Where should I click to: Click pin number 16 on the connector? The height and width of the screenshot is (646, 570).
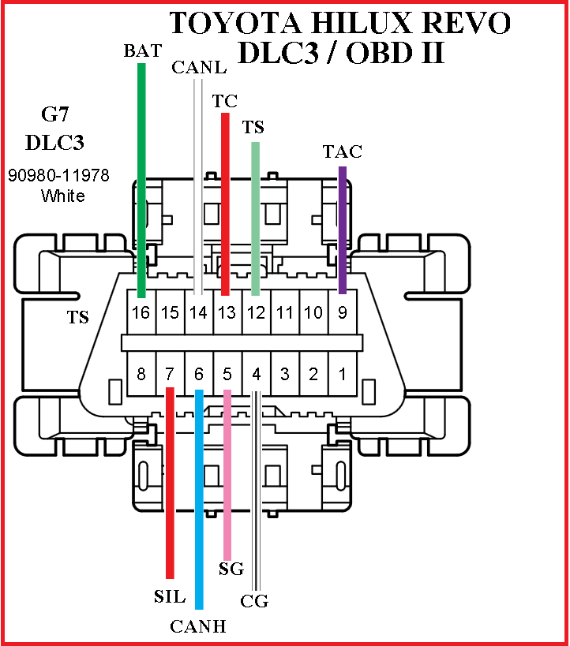tap(141, 312)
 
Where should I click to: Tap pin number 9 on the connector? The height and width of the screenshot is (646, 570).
tap(342, 312)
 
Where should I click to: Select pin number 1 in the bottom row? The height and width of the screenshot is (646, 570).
tap(342, 373)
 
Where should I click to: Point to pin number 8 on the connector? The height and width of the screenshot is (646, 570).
tap(141, 373)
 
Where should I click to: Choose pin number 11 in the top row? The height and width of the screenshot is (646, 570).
tap(284, 312)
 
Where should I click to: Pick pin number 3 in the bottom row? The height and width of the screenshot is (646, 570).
tap(284, 373)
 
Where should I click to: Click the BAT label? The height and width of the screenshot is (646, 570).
tap(143, 51)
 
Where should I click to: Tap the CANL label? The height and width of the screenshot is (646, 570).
tap(199, 67)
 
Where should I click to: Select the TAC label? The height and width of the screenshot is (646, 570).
tap(343, 151)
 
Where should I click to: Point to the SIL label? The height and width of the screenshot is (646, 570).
tap(169, 596)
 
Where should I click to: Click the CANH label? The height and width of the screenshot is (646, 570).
tap(198, 627)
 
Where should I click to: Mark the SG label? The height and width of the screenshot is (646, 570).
tap(230, 569)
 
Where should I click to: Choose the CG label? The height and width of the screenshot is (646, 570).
tap(255, 602)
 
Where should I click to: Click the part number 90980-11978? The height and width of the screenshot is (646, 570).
tap(58, 175)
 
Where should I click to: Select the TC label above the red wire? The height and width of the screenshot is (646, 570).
tap(225, 102)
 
